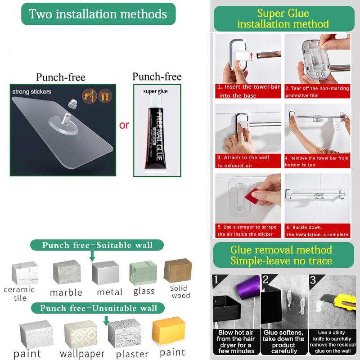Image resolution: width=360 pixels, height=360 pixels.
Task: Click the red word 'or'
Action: [x=124, y=125]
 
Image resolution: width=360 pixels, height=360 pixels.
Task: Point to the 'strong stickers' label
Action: [x=31, y=92]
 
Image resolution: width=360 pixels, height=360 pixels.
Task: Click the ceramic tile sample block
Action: [x=25, y=274]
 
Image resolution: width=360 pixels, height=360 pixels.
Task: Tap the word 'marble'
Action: [x=66, y=292]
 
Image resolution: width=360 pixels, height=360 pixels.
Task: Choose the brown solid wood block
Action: [x=178, y=270]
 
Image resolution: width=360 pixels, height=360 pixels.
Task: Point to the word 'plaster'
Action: [x=132, y=354]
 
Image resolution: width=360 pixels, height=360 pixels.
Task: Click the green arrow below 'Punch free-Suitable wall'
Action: [x=92, y=256]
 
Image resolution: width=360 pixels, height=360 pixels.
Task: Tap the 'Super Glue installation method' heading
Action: [x=283, y=18]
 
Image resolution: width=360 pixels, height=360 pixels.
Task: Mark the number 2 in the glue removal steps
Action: [x=265, y=280]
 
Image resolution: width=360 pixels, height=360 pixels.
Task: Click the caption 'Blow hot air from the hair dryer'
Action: [x=236, y=342]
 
